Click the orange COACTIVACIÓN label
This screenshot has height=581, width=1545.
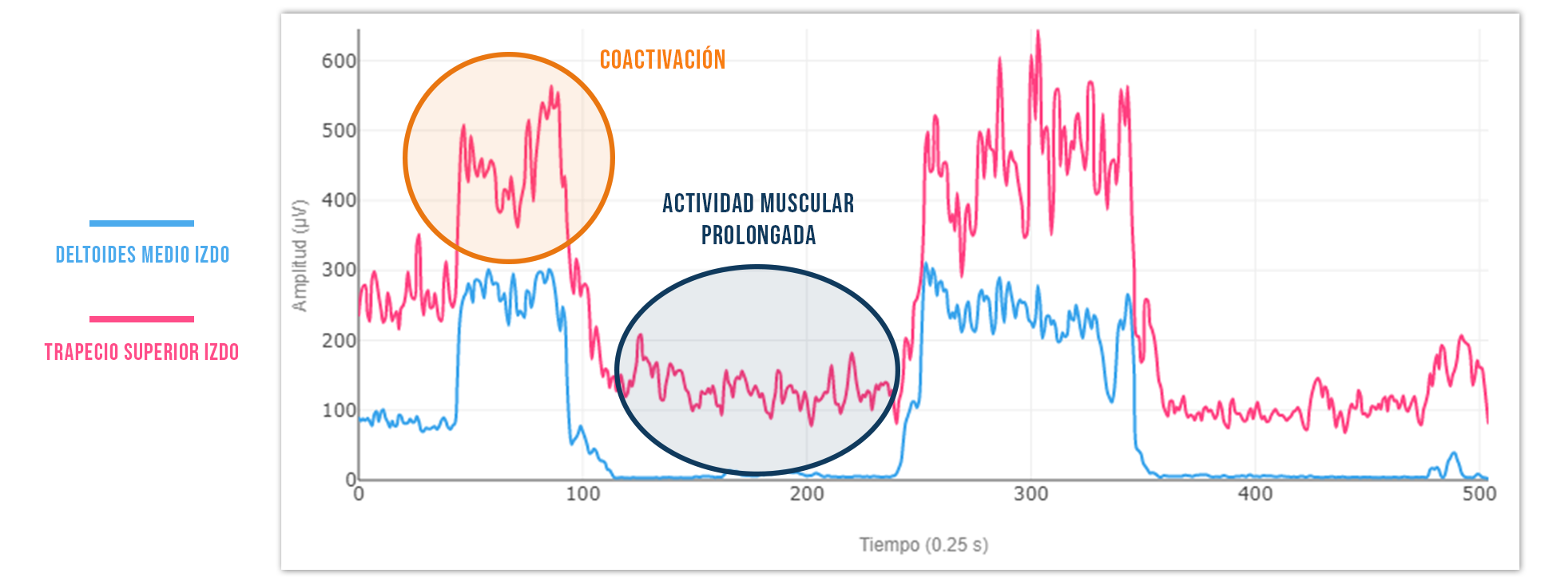(x=662, y=60)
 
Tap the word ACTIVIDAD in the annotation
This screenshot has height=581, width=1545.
(x=709, y=204)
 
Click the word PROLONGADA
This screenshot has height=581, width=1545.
(x=758, y=235)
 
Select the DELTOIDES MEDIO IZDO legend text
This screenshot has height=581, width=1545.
(x=142, y=255)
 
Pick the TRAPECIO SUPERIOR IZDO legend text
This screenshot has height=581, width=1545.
(x=141, y=352)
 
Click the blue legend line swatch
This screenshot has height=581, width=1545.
(x=141, y=223)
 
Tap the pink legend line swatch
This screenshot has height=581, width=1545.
(x=141, y=319)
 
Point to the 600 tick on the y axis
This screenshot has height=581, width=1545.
(x=338, y=61)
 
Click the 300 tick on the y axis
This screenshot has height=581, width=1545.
(x=338, y=271)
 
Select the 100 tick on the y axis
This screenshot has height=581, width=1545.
(x=338, y=410)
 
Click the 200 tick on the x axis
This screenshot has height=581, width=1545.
(x=807, y=494)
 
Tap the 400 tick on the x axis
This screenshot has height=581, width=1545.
(x=1255, y=494)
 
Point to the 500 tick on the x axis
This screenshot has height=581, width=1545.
(x=1479, y=494)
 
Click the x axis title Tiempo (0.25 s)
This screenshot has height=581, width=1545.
(x=923, y=545)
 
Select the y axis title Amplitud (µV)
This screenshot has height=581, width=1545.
(x=300, y=255)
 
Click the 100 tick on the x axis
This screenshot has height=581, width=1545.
(x=583, y=494)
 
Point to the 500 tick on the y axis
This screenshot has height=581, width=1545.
(x=338, y=131)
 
